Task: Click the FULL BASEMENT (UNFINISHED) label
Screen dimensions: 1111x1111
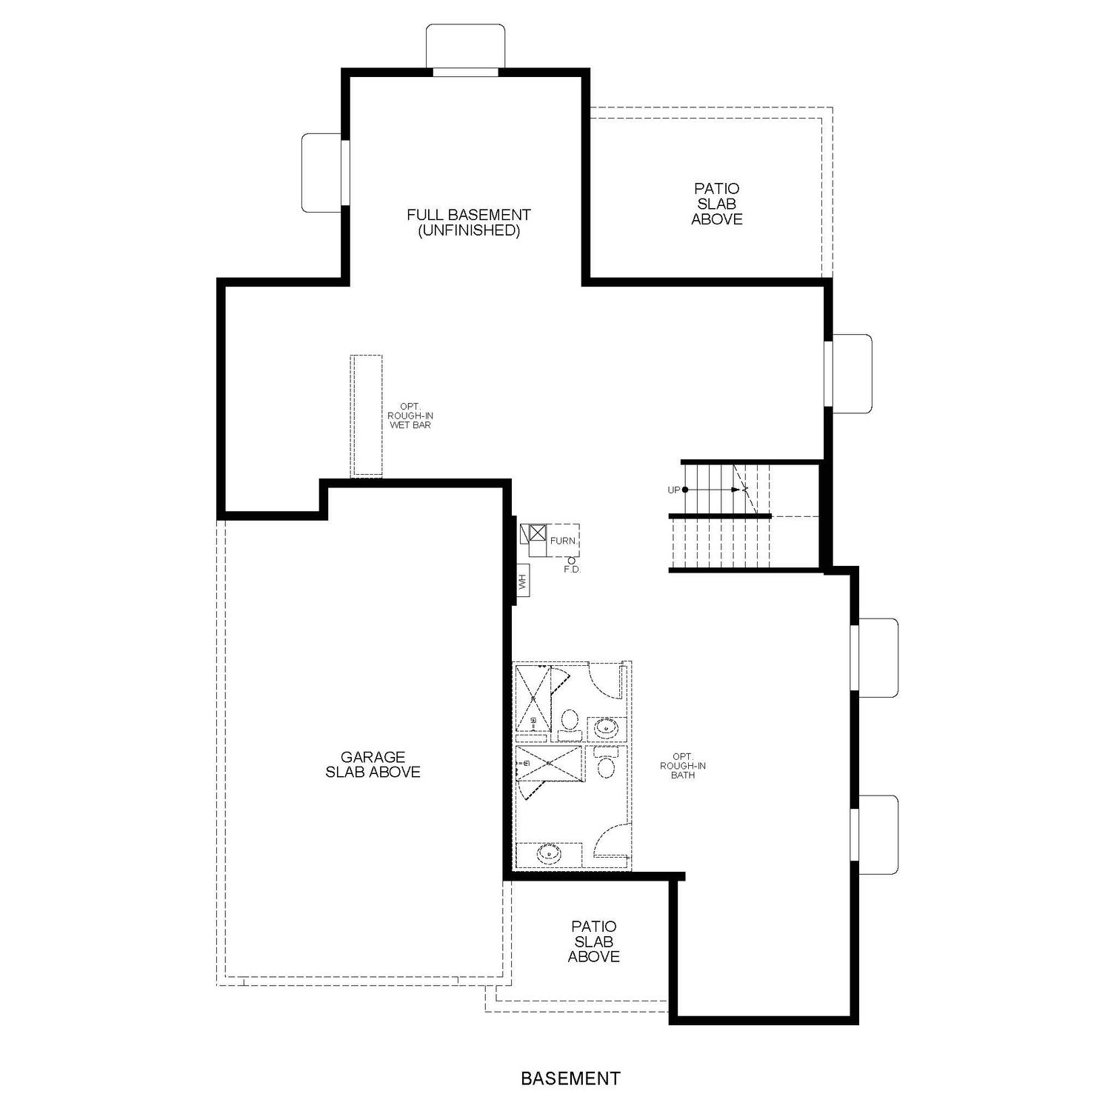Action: pos(469,222)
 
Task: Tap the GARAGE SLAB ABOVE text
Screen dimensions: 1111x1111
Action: pos(373,764)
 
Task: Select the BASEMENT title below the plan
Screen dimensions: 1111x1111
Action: pos(570,1078)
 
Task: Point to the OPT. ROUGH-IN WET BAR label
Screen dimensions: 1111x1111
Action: pos(410,416)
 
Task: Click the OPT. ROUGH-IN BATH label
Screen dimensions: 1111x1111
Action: pos(683,766)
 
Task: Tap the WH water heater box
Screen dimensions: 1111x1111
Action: pos(523,581)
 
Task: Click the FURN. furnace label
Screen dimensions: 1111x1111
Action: pos(563,541)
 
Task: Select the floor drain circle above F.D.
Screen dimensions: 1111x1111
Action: pos(573,561)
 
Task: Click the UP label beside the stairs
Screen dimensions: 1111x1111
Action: pos(673,490)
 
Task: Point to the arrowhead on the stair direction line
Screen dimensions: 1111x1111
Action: pos(735,490)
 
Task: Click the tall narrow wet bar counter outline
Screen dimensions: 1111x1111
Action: pos(367,416)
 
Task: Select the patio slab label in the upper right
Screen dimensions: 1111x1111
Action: pos(717,204)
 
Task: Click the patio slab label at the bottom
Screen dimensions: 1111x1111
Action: pos(594,941)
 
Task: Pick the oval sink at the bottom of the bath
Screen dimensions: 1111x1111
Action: pos(549,854)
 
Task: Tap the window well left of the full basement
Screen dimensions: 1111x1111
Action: pos(322,173)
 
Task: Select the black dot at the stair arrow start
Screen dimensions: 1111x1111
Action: pos(684,490)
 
